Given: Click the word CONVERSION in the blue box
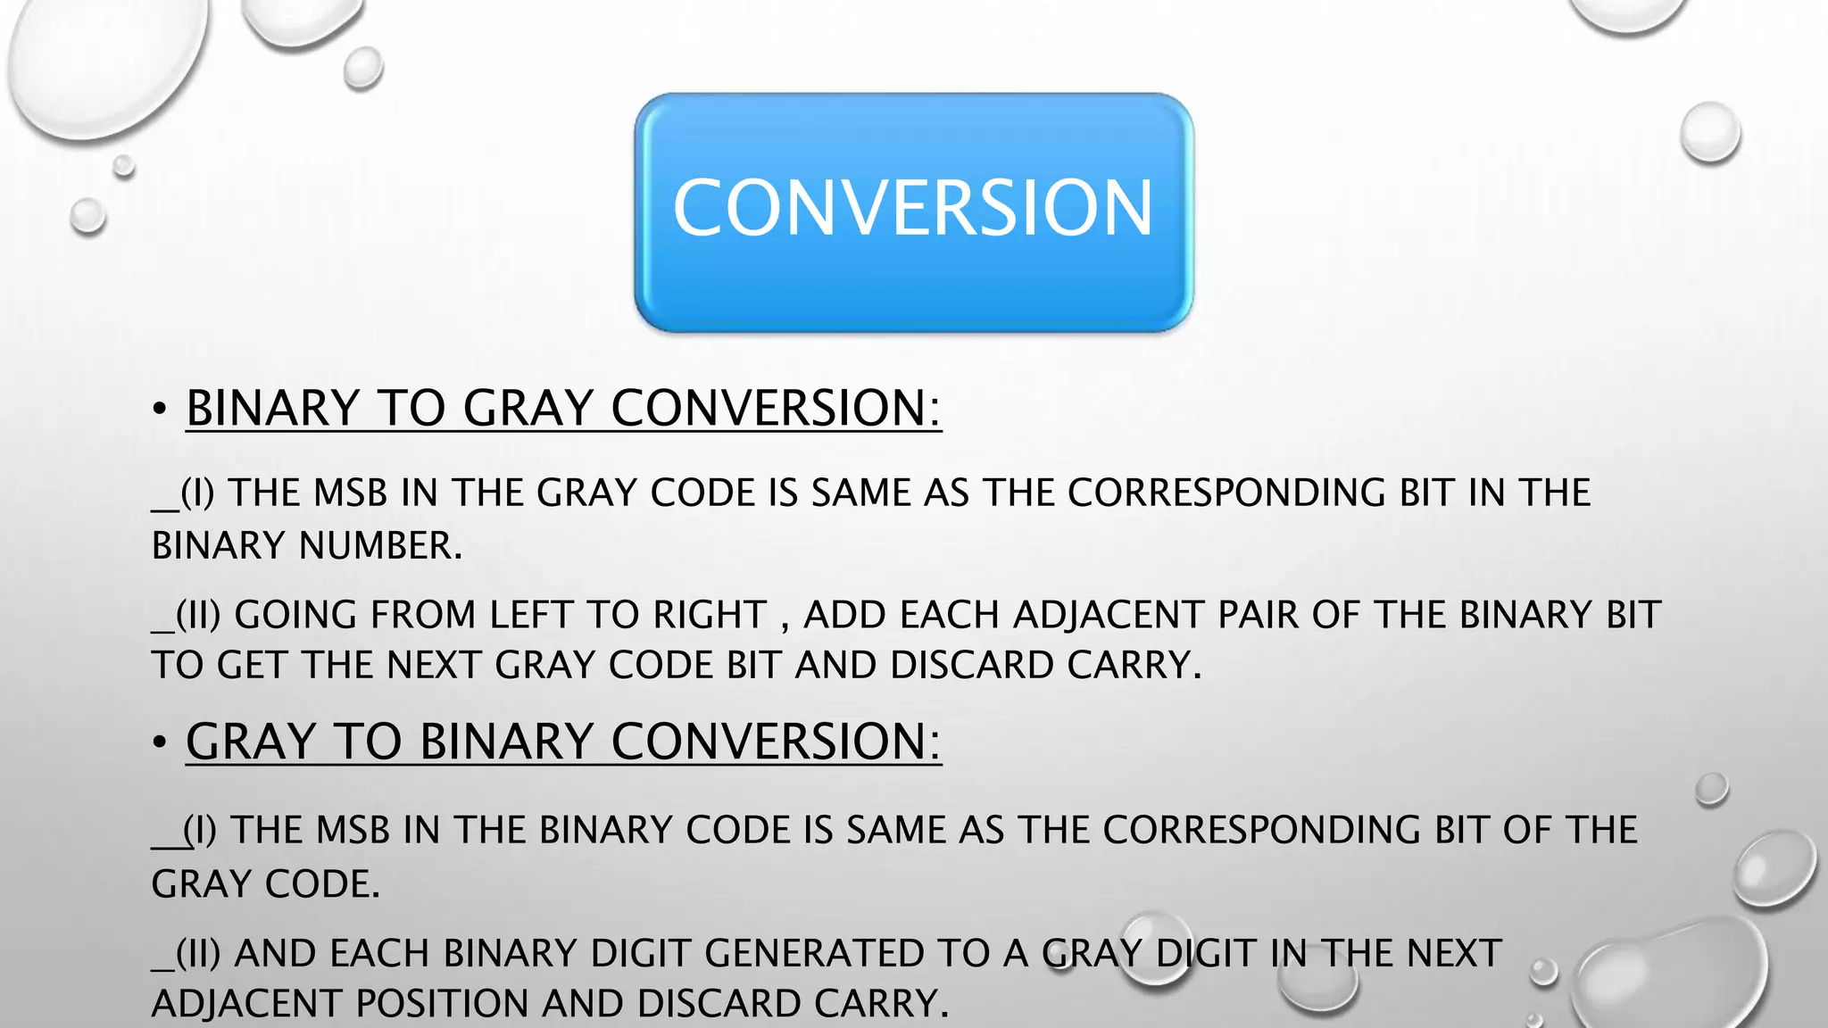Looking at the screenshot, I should coord(913,208).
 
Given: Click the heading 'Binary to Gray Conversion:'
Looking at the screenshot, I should coord(563,408).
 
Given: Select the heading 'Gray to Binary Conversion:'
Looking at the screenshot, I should coord(563,742).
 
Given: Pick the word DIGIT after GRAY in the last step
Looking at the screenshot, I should coord(1208,953).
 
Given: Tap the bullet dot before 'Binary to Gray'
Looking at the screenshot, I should coord(160,410).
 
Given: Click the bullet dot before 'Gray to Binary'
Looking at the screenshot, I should coord(160,742).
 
